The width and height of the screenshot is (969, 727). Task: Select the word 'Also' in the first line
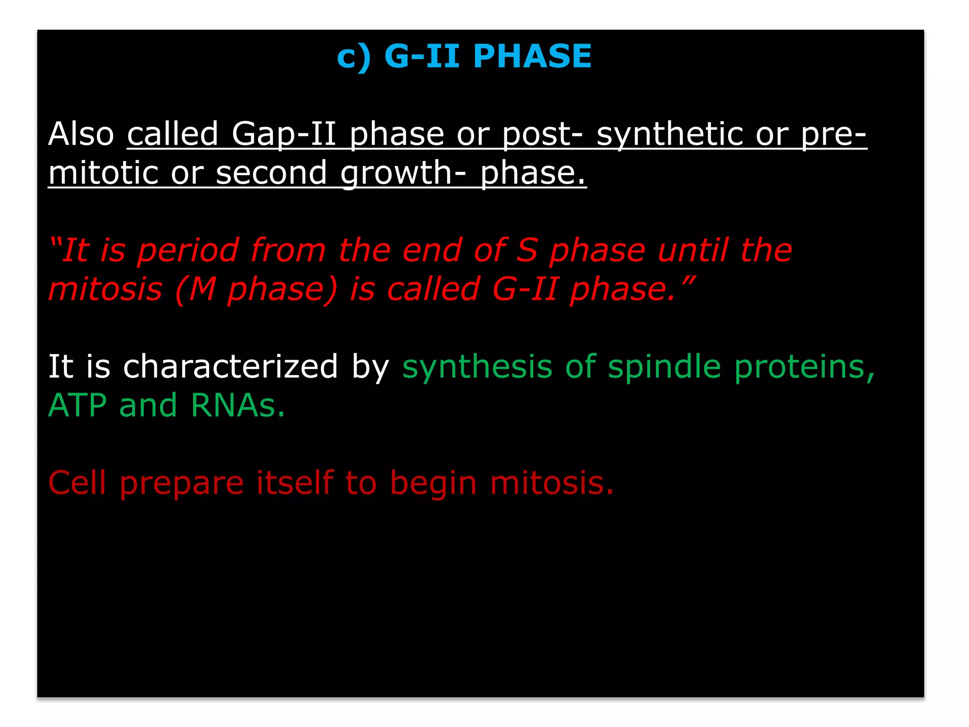pyautogui.click(x=81, y=133)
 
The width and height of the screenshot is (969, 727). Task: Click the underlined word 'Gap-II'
pyautogui.click(x=284, y=134)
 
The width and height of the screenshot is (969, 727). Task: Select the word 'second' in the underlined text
pyautogui.click(x=271, y=173)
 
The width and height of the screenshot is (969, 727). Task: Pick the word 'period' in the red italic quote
pyautogui.click(x=188, y=251)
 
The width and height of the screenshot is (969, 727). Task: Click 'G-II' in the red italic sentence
pyautogui.click(x=525, y=289)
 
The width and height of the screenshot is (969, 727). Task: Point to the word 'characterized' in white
pyautogui.click(x=230, y=366)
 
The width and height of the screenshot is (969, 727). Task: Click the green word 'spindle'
pyautogui.click(x=664, y=367)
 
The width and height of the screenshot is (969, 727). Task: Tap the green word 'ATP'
pyautogui.click(x=78, y=406)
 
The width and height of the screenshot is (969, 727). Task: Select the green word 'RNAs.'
pyautogui.click(x=238, y=406)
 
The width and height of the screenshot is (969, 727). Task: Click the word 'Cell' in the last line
pyautogui.click(x=77, y=483)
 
